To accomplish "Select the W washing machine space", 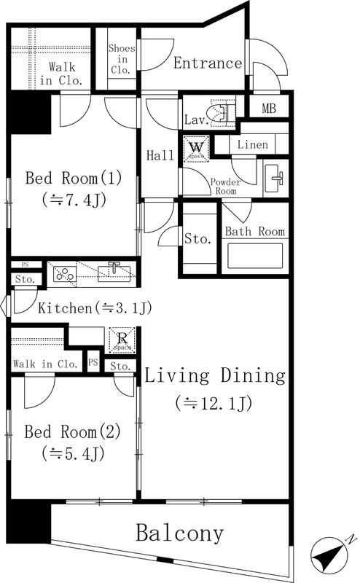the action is point(196,149).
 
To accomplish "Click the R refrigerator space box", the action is point(122,340).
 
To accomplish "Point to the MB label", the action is point(268,109).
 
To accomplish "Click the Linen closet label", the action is point(253,144).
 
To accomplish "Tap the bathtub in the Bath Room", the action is point(255,256).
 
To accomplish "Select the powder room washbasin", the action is point(276,179).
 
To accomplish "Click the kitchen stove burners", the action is point(65,274).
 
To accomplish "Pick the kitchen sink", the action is point(114,273).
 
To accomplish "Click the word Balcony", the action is point(179,533).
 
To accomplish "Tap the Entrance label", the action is point(208,63).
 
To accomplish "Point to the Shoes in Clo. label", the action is point(122,59).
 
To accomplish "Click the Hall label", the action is point(160,155).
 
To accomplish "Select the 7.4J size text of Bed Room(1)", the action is point(74,200).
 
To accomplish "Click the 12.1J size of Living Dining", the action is point(214,403).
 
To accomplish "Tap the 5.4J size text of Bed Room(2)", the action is point(73,453).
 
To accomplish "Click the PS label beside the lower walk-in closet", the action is point(93,361).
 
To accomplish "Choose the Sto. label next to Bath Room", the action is point(197,238).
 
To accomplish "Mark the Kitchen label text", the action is point(65,308).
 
